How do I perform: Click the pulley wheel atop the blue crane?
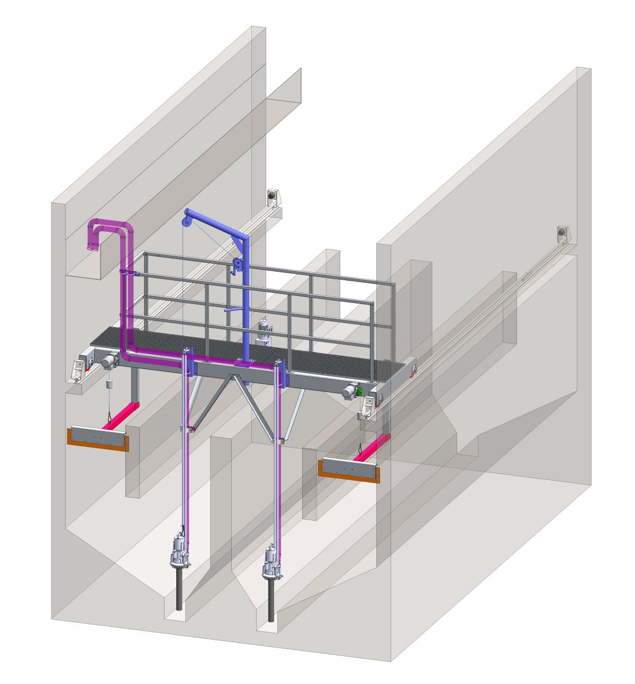coord(186,216)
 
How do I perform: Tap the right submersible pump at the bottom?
coord(272,563)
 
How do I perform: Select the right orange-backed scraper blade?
coord(350,469)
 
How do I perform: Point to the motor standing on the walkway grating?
coord(265,332)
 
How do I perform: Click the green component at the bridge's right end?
coord(359,392)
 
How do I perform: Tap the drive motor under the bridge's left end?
coord(109,361)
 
